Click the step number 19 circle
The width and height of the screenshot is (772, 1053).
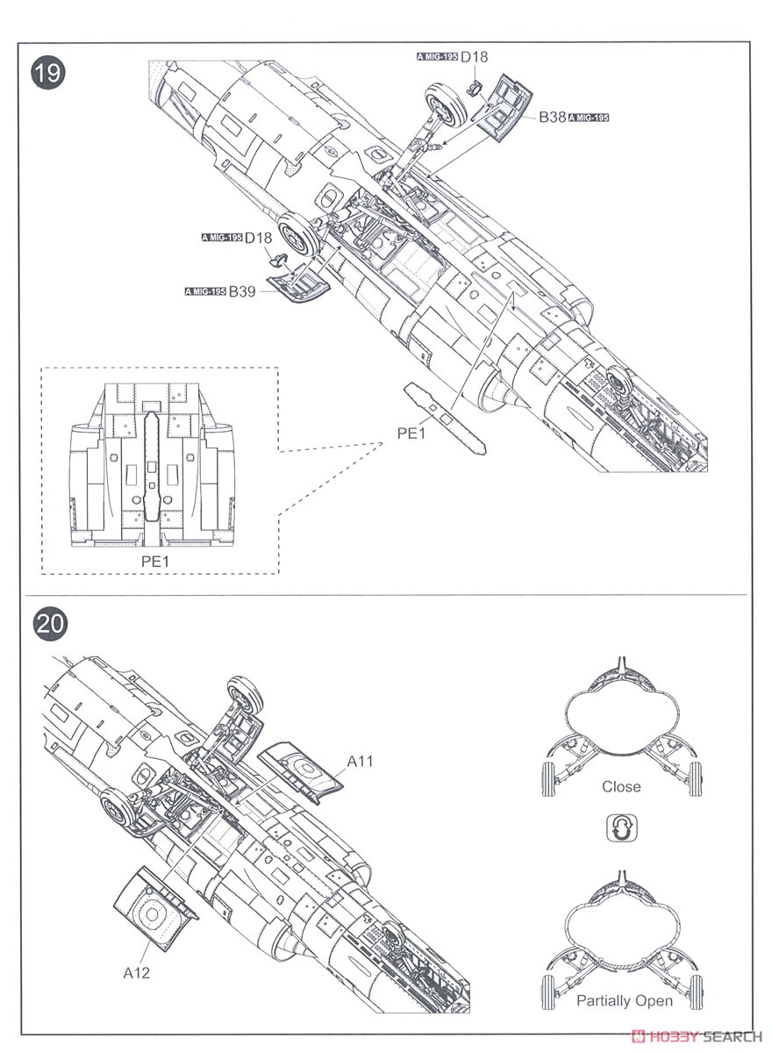coord(48,74)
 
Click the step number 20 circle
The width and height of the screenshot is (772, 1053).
coord(49,624)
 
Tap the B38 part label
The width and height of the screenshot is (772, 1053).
coord(552,117)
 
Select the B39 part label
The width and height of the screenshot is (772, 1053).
coord(242,291)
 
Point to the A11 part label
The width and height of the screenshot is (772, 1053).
coord(360,761)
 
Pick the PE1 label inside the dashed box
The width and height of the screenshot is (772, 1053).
coord(155,561)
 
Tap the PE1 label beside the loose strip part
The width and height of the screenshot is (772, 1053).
coord(411,433)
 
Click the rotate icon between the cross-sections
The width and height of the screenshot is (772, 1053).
coord(622,827)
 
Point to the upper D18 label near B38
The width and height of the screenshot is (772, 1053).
coord(475,56)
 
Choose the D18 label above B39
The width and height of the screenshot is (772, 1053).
coord(259,238)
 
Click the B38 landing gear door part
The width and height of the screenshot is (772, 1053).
coord(506,108)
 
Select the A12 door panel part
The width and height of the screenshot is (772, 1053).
coord(154,912)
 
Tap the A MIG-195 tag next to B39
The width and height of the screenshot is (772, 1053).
coord(205,292)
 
